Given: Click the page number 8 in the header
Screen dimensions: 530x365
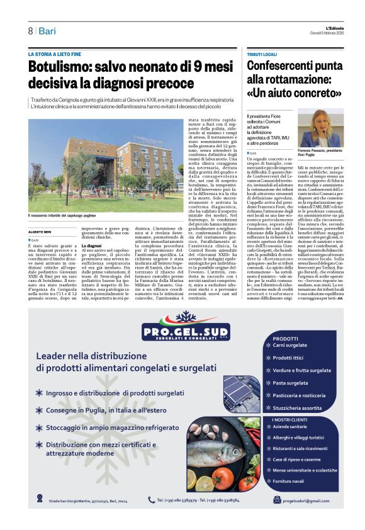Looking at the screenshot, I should click(30, 31).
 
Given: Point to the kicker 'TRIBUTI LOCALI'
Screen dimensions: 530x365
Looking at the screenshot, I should click(262, 55).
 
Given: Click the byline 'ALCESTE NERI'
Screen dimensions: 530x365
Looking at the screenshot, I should click(40, 232).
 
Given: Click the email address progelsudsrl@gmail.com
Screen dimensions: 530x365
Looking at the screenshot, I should click(305, 500).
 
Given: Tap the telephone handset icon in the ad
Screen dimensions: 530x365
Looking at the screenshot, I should click(151, 500).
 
